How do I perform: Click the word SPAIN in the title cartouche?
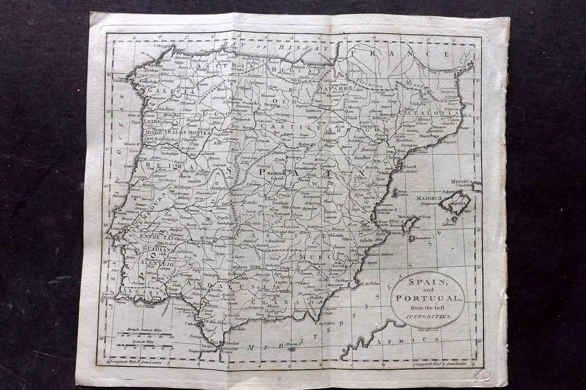[x=428, y=282]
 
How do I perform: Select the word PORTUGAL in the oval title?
[x=428, y=298]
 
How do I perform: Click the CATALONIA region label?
[x=441, y=112]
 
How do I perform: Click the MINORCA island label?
[x=462, y=182]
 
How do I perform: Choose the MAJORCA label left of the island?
[x=428, y=198]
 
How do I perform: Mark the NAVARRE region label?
[x=335, y=88]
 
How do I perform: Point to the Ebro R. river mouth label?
[x=410, y=167]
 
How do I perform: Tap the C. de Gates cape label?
[x=326, y=322]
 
